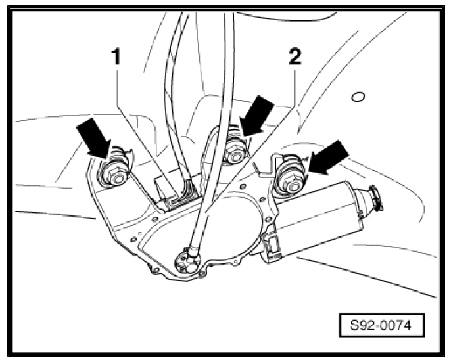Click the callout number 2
pyautogui.click(x=295, y=57)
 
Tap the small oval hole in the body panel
pyautogui.click(x=357, y=97)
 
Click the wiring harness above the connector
pyautogui.click(x=177, y=131)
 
